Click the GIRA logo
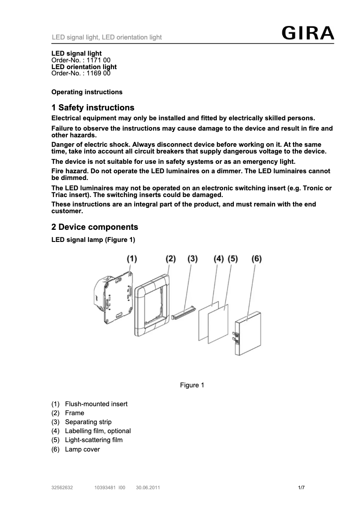pyautogui.click(x=307, y=33)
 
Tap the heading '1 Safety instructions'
pyautogui.click(x=93, y=108)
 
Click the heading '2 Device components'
pyautogui.click(x=95, y=227)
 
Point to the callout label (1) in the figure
pyautogui.click(x=131, y=259)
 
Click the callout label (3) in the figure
pyautogui.click(x=192, y=259)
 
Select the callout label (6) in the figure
pyautogui.click(x=256, y=259)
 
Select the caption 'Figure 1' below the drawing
pyautogui.click(x=192, y=385)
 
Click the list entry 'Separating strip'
pyautogui.click(x=88, y=422)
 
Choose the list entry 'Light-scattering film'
pyautogui.click(x=93, y=440)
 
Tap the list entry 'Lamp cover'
pyautogui.click(x=82, y=449)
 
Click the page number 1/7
pyautogui.click(x=302, y=487)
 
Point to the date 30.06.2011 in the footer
pyautogui.click(x=148, y=487)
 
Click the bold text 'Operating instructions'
pyautogui.click(x=87, y=92)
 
